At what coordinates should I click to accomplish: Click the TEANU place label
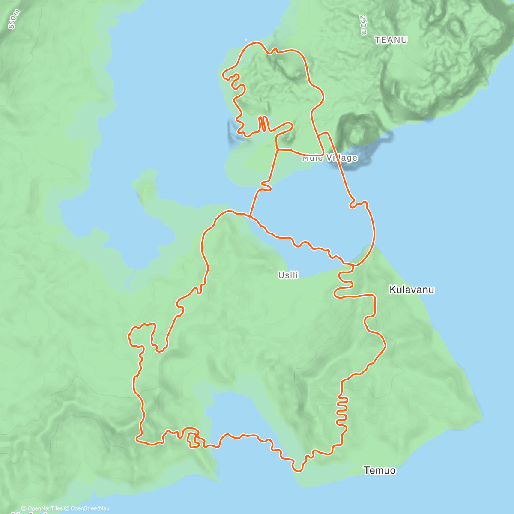[391, 40]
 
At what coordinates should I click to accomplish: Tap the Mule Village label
[329, 158]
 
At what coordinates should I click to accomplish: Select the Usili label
[288, 275]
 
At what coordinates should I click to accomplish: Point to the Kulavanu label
[411, 290]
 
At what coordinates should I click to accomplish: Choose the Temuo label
[380, 470]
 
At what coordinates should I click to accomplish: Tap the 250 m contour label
[363, 25]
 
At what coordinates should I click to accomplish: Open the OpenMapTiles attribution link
[42, 508]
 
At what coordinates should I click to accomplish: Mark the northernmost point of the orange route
[256, 42]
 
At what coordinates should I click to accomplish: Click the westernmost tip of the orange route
[129, 337]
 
